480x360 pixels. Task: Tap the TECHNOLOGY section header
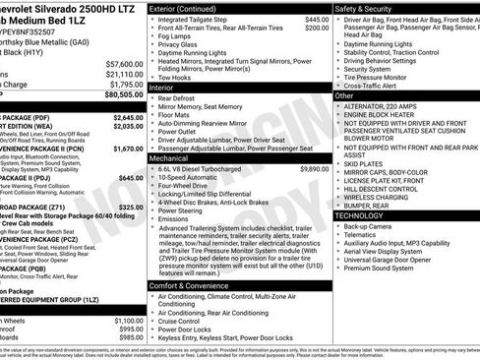pos(359,215)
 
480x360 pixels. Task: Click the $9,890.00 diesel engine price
pos(314,168)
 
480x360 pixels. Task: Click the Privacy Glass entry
pos(183,44)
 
